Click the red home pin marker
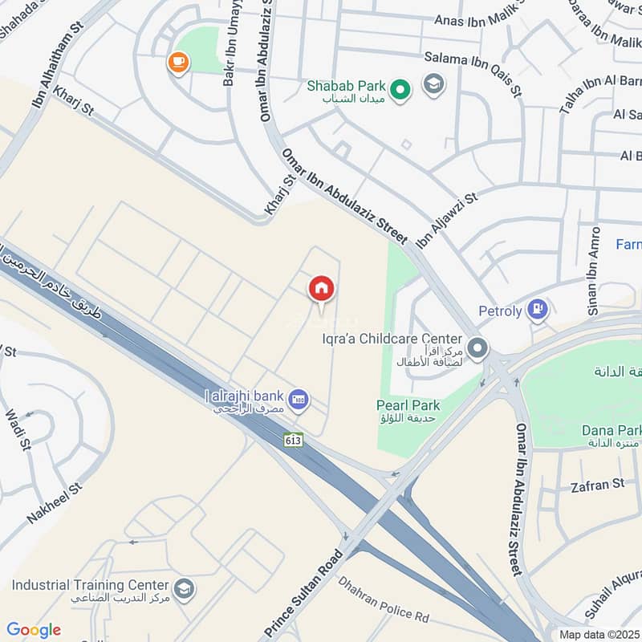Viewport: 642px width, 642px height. (321, 287)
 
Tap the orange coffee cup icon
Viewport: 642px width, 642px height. (177, 61)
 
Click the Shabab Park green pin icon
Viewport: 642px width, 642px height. (400, 87)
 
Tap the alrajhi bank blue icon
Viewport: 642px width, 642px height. (299, 398)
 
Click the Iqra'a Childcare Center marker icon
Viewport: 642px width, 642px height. (478, 348)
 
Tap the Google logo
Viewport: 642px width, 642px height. (33, 630)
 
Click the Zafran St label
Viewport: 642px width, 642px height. (597, 484)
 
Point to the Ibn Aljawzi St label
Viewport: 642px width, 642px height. (446, 219)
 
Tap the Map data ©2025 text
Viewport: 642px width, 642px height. (599, 634)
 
